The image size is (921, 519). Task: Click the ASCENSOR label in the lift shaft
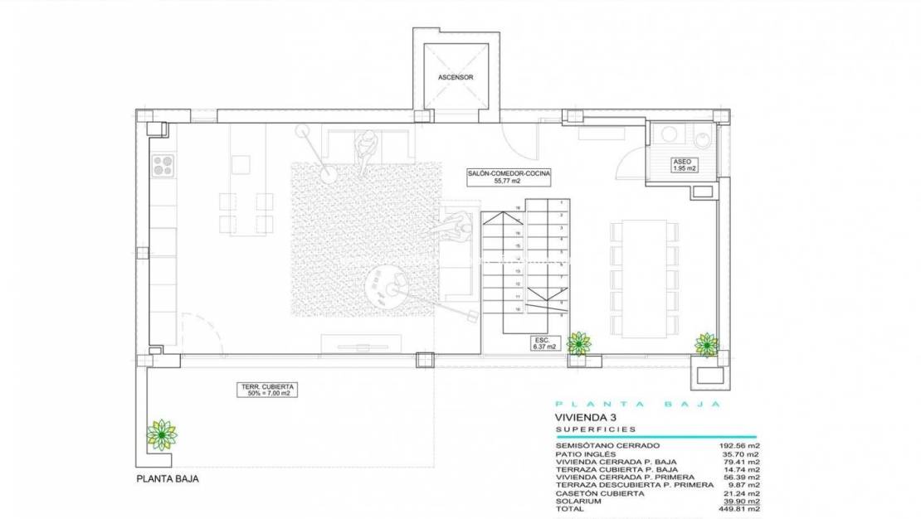[x=456, y=77]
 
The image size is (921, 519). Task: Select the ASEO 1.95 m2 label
[x=682, y=164]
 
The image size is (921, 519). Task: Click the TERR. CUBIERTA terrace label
[x=269, y=390]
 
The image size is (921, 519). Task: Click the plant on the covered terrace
[x=161, y=433]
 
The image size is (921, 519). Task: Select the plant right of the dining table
[x=707, y=343]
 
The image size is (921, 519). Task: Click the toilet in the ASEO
[x=702, y=139]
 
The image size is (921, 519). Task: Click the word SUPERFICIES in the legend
[x=596, y=429]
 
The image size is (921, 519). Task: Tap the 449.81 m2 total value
[x=739, y=510]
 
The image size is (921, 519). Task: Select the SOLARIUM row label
[x=579, y=502]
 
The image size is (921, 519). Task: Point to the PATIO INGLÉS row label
[x=587, y=454]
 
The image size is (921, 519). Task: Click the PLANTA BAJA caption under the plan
[x=168, y=478]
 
